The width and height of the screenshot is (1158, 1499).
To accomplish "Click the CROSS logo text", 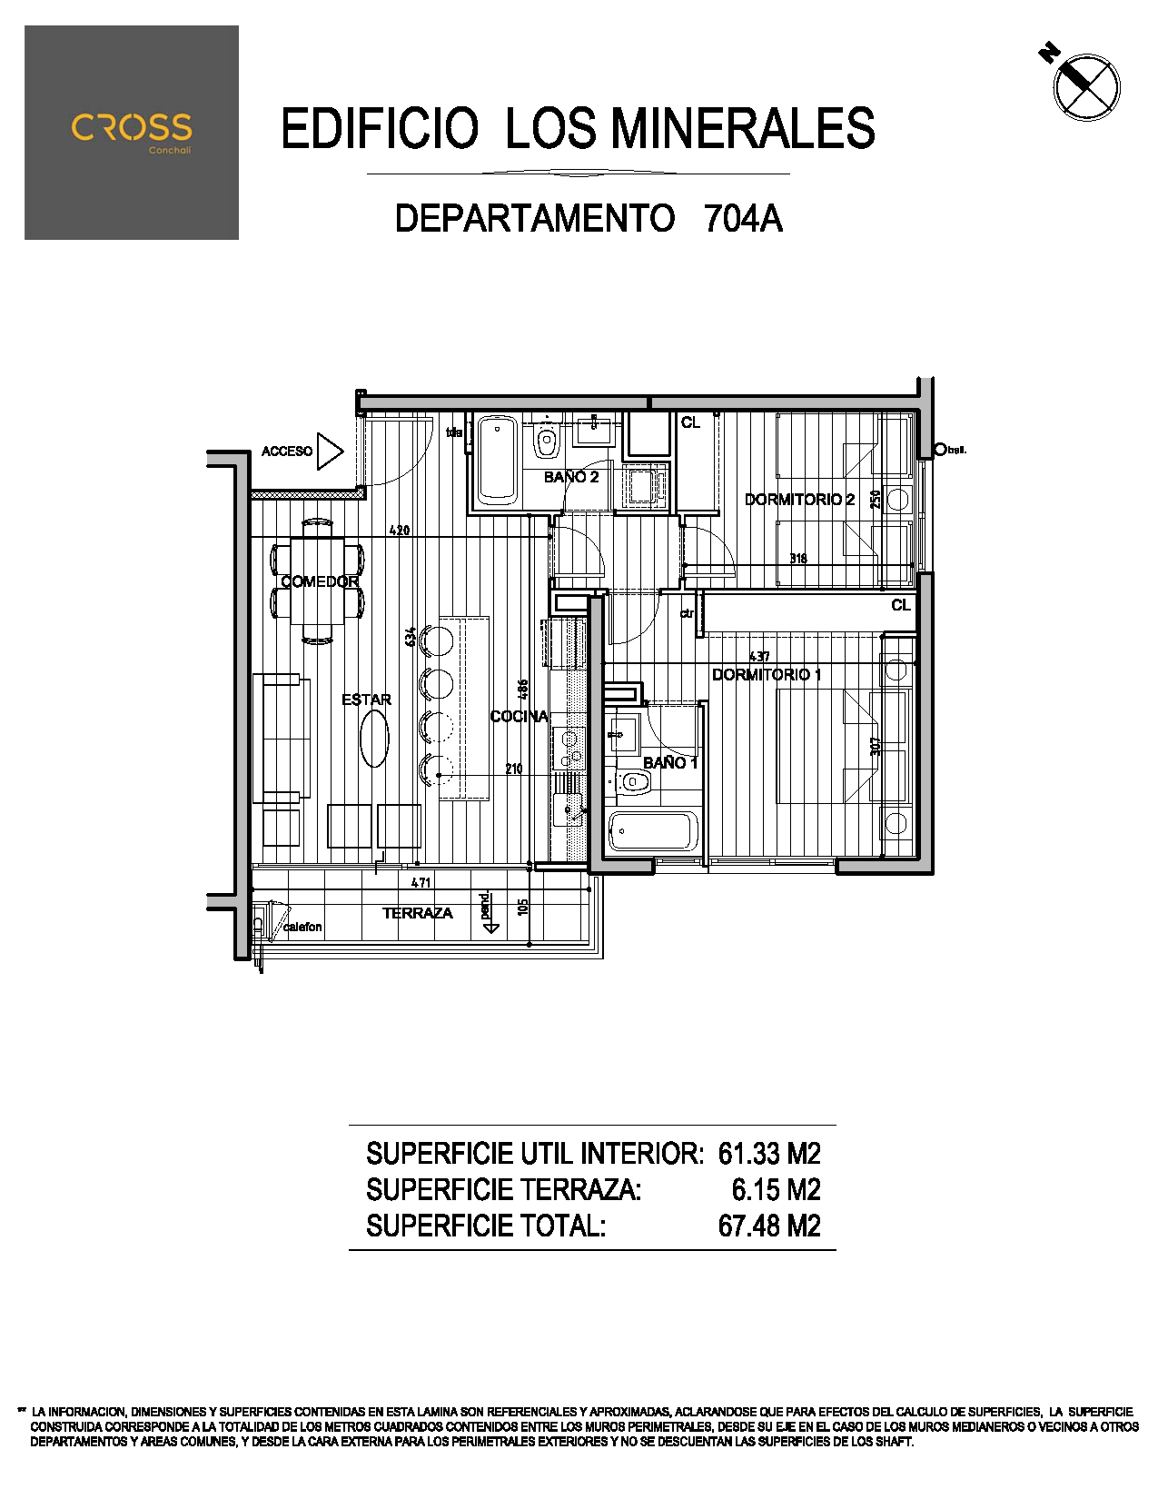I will (x=132, y=128).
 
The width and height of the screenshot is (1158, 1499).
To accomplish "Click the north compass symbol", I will (x=1085, y=86).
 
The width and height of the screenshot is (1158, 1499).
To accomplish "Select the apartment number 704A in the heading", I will (x=743, y=219).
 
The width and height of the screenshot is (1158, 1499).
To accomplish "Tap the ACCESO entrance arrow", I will (x=330, y=451).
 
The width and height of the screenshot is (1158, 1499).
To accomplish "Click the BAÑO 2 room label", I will (x=571, y=477).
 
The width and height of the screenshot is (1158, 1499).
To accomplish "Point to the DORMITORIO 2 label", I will (x=799, y=500).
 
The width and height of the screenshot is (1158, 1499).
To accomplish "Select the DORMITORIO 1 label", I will (x=767, y=675).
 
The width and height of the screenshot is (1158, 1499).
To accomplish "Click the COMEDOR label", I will (x=320, y=581).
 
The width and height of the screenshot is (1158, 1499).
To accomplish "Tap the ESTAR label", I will (x=366, y=700).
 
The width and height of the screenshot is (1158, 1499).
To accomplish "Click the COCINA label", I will (x=520, y=717).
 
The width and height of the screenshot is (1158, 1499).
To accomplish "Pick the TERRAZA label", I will (x=417, y=913).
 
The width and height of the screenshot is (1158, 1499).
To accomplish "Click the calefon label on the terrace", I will (x=302, y=927).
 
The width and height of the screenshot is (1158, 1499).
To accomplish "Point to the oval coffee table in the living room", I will (x=374, y=738).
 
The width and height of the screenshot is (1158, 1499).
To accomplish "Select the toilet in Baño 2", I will (x=546, y=442).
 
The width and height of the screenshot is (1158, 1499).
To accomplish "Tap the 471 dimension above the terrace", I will (x=421, y=882).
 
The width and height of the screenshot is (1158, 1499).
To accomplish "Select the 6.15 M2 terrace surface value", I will (x=776, y=1190).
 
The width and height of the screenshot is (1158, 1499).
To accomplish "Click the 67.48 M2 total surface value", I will (x=769, y=1226).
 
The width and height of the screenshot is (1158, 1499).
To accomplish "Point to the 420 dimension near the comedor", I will (x=400, y=531).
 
